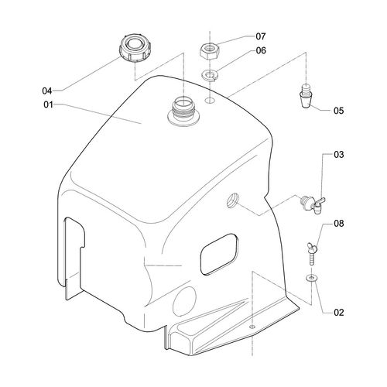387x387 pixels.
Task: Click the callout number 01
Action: [48, 105]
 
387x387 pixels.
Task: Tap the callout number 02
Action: [339, 313]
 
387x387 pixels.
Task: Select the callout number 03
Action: [339, 155]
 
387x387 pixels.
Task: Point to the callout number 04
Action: [47, 91]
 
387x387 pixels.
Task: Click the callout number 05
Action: [339, 111]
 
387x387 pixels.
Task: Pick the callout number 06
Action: [261, 50]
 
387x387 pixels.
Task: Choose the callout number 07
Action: [261, 36]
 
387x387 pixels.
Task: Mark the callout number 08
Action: [339, 224]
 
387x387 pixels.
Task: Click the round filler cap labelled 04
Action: [135, 49]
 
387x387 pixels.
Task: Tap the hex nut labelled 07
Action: [210, 50]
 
